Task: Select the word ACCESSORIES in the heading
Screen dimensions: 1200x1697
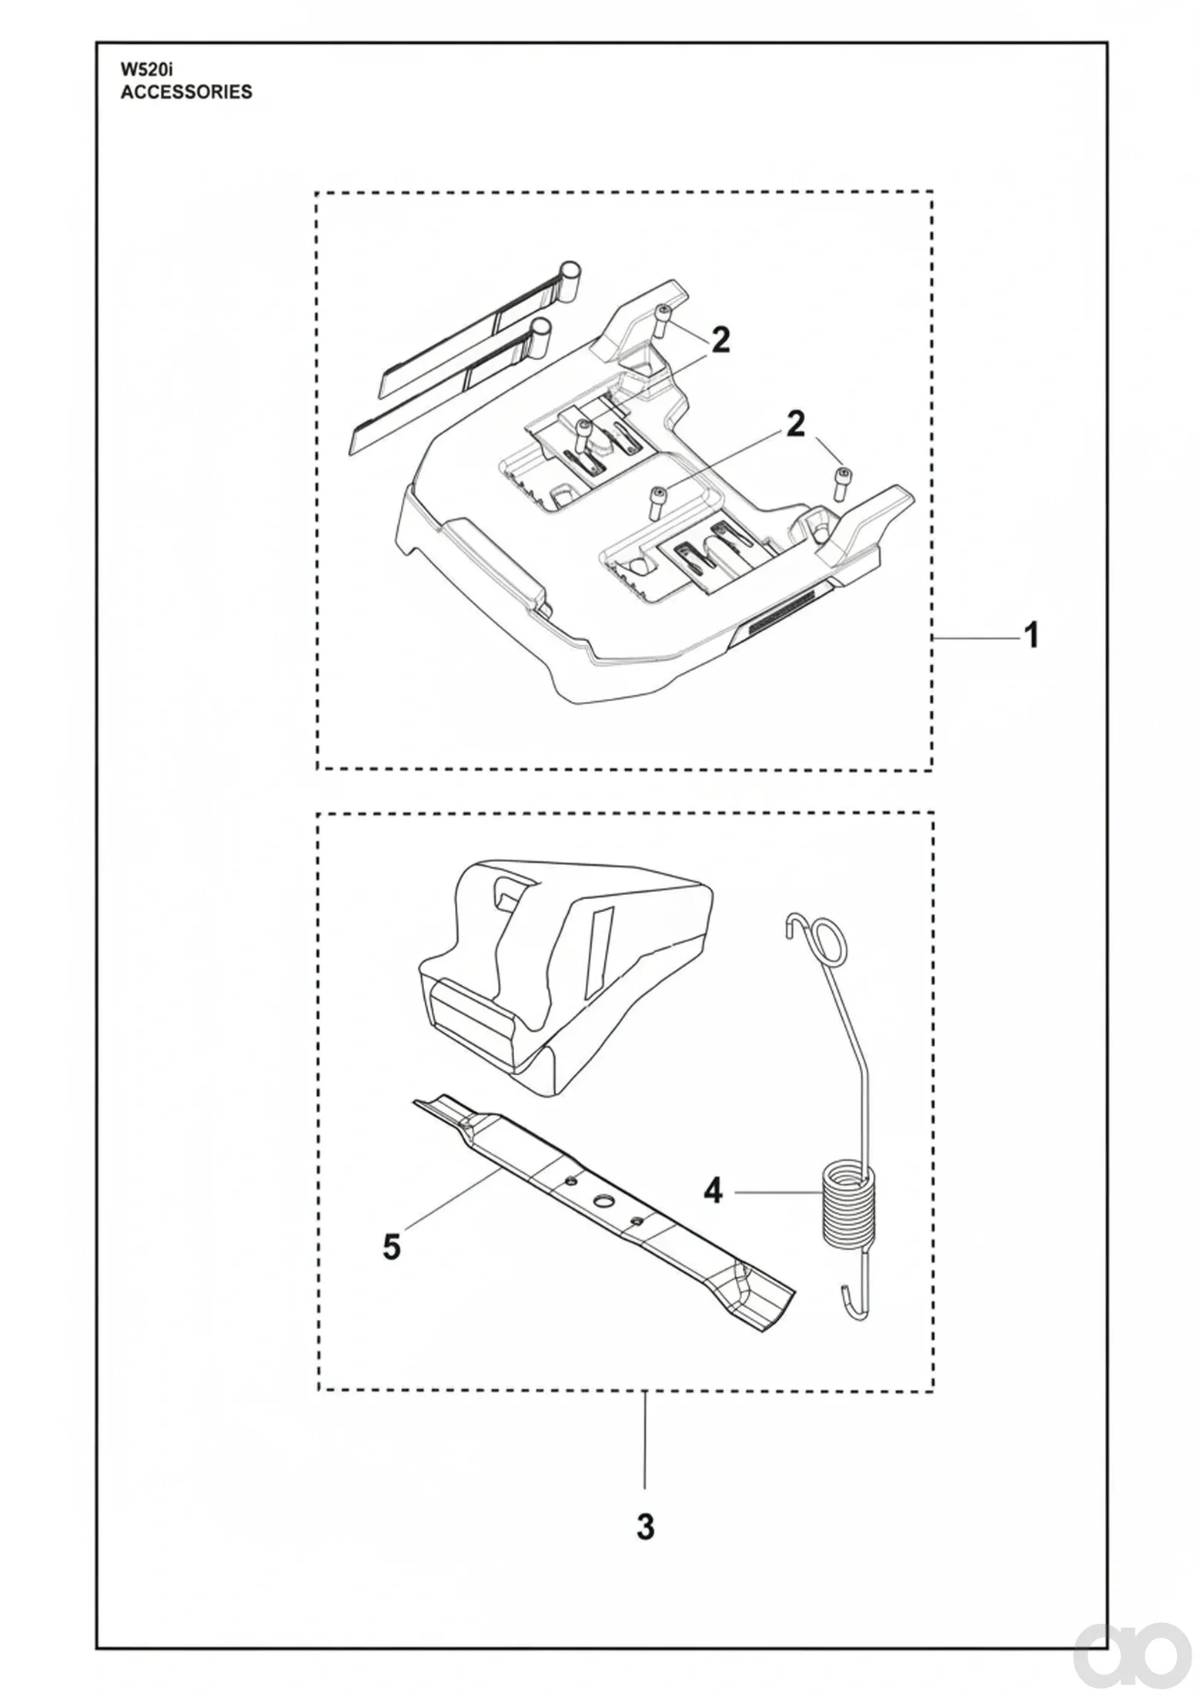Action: (186, 92)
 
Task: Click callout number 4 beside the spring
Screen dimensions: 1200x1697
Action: (714, 1192)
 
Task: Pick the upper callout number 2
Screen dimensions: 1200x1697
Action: (720, 340)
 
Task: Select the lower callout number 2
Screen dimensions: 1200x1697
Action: (795, 424)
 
